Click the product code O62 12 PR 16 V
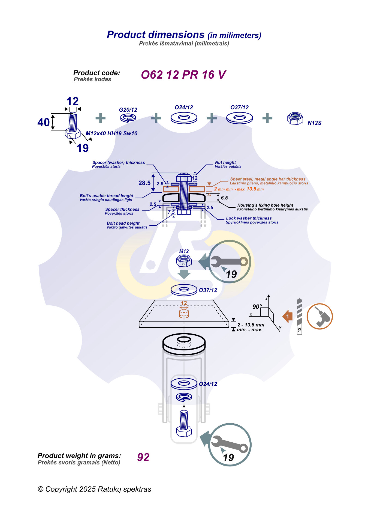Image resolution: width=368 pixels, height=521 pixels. [x=183, y=75]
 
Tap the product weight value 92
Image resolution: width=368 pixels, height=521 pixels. [x=143, y=457]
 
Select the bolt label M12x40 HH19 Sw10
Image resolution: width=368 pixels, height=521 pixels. [x=111, y=133]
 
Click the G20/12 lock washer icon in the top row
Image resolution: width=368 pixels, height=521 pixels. [x=128, y=118]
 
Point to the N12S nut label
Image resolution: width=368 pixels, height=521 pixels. [x=314, y=123]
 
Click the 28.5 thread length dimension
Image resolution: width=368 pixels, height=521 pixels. [x=144, y=183]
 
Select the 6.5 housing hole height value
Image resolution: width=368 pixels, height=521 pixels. [x=224, y=198]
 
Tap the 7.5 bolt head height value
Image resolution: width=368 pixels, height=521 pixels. [x=171, y=212]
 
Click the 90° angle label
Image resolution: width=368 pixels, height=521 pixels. [x=257, y=306]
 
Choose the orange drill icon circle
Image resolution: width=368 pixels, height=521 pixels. [x=319, y=316]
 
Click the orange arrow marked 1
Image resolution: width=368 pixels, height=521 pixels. [x=288, y=317]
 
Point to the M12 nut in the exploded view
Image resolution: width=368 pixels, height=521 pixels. [x=184, y=261]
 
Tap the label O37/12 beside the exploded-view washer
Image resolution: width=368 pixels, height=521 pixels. [x=208, y=290]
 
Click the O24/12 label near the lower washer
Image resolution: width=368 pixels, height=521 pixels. [x=208, y=384]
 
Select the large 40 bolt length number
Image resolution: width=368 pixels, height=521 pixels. [x=44, y=122]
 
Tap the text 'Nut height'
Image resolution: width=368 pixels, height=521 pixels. [x=225, y=162]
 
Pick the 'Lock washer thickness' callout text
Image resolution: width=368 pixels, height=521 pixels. [x=249, y=218]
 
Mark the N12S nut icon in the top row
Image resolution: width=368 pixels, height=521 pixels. [x=295, y=118]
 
